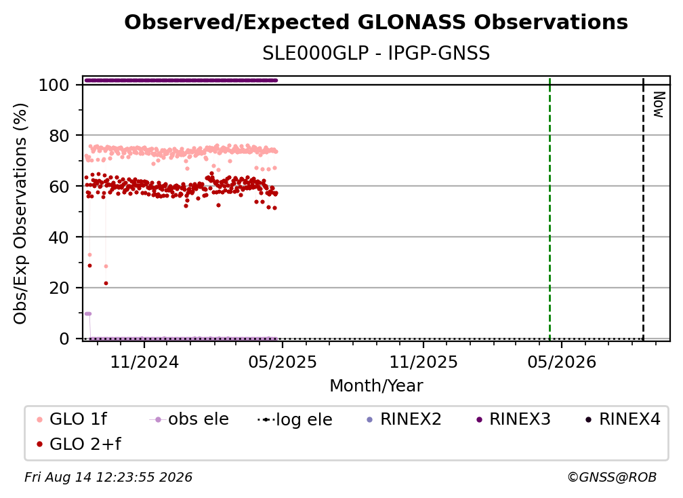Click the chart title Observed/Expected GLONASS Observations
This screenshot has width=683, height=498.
[x=376, y=22]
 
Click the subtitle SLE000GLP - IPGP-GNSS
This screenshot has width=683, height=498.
[x=376, y=53]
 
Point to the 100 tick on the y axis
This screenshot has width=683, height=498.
[x=54, y=85]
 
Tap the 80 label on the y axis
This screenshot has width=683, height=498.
[x=59, y=136]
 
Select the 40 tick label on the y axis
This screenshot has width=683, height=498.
[x=59, y=237]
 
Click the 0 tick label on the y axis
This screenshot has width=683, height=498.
[x=64, y=339]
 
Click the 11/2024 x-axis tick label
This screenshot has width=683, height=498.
[x=144, y=362]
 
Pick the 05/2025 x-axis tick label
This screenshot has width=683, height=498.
[x=283, y=362]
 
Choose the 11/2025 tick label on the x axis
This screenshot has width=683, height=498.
[x=423, y=362]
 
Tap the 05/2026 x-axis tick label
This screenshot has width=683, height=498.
[x=562, y=362]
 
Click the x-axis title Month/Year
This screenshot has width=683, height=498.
[x=376, y=386]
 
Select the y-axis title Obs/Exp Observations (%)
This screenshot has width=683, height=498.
[x=20, y=214]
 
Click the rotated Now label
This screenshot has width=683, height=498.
[x=658, y=104]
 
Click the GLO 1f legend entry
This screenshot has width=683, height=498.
[x=72, y=419]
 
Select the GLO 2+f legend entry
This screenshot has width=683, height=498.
[x=79, y=444]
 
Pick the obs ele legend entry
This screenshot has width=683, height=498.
[x=189, y=419]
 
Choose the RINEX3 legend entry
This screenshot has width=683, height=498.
[x=514, y=419]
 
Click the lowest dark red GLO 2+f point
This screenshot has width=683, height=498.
[x=106, y=284]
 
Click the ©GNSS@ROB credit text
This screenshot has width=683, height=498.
[x=612, y=478]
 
